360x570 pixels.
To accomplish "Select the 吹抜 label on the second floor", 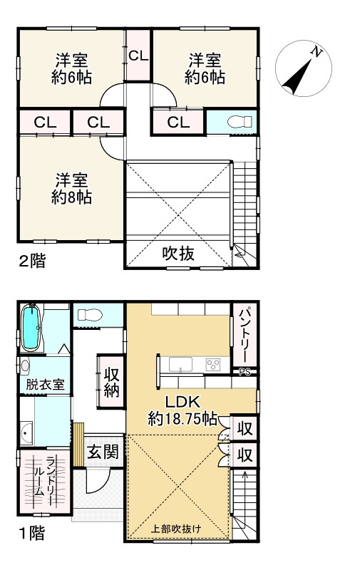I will (x=178, y=254).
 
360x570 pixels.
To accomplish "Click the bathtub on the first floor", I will (x=31, y=328).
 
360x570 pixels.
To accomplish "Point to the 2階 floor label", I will (x=31, y=261).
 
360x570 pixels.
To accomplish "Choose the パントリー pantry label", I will (x=242, y=335).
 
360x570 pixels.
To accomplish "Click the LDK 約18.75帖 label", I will (x=182, y=410).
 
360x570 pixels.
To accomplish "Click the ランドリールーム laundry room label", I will (x=51, y=481).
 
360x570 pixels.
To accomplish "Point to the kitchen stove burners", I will (x=213, y=364).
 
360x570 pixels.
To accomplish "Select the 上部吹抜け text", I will (x=177, y=529).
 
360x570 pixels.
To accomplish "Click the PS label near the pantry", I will (x=245, y=371).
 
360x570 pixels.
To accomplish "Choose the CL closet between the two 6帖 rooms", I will (x=138, y=55).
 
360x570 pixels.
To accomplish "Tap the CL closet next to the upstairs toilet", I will (x=178, y=122).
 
